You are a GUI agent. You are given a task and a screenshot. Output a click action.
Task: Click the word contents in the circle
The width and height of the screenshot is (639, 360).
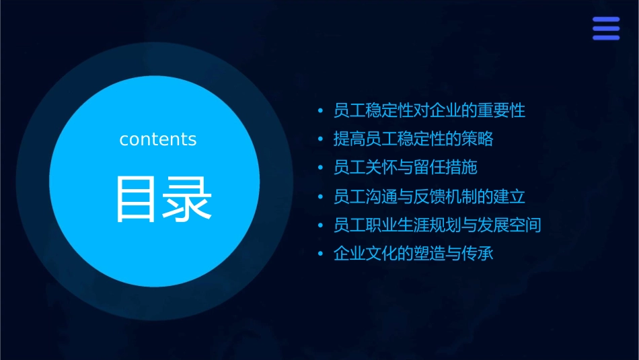158,139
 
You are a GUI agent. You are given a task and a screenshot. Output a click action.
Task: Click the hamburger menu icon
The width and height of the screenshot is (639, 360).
606,29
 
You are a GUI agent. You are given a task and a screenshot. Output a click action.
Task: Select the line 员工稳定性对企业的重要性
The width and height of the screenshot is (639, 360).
429,110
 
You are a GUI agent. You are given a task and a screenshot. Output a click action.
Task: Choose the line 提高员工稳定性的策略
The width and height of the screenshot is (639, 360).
413,139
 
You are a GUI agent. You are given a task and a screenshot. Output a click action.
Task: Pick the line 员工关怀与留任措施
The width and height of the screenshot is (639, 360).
405,168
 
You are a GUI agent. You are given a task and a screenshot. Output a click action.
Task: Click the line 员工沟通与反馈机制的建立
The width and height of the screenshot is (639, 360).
429,196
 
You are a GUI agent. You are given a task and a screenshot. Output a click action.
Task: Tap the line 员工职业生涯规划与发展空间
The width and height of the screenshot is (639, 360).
437,225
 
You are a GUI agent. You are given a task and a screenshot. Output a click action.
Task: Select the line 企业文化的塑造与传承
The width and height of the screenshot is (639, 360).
413,254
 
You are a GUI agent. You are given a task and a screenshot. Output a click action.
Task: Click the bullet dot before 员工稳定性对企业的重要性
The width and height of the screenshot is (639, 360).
320,111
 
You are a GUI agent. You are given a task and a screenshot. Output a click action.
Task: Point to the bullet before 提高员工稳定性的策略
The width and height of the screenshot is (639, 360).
320,140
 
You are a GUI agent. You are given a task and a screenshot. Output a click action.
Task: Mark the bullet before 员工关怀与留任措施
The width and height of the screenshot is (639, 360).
320,168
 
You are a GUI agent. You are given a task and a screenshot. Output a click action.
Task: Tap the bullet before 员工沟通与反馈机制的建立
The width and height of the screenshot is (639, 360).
320,197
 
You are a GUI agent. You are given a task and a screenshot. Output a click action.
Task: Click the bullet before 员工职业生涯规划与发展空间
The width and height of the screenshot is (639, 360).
320,225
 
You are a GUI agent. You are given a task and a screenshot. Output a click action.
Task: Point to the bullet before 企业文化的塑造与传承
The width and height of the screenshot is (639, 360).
320,254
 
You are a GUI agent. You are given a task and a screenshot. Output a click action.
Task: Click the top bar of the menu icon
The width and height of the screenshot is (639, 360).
606,20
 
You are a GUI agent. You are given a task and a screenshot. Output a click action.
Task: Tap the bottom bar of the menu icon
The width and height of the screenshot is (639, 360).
606,38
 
